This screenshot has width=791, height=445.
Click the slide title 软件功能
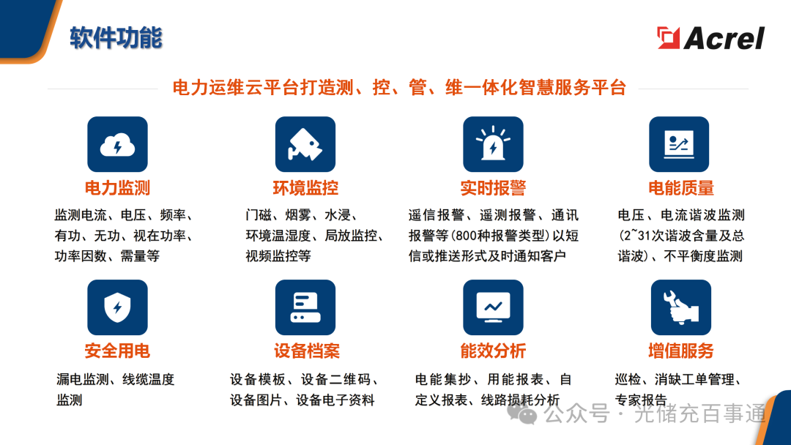pos(116,37)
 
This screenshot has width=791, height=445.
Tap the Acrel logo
pos(710,37)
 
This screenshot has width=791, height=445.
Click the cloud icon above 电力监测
pos(117,144)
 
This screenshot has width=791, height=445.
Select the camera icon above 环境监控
pos(305,144)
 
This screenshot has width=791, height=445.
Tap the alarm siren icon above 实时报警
pos(493,144)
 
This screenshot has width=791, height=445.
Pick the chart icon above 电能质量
pos(679,144)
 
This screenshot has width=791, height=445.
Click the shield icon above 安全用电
pos(117,307)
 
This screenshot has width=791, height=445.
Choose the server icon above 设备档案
pos(305,307)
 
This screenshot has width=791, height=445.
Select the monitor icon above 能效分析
pos(493,307)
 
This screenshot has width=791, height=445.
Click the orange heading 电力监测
pos(117,188)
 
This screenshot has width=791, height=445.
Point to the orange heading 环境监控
pos(305,188)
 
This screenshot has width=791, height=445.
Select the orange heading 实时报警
pos(493,188)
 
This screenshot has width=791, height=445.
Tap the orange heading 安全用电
pos(117,351)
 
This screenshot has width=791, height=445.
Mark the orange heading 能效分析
pos(493,351)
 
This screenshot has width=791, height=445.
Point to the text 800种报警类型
pos(497,236)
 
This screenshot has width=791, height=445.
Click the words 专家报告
pos(641,400)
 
